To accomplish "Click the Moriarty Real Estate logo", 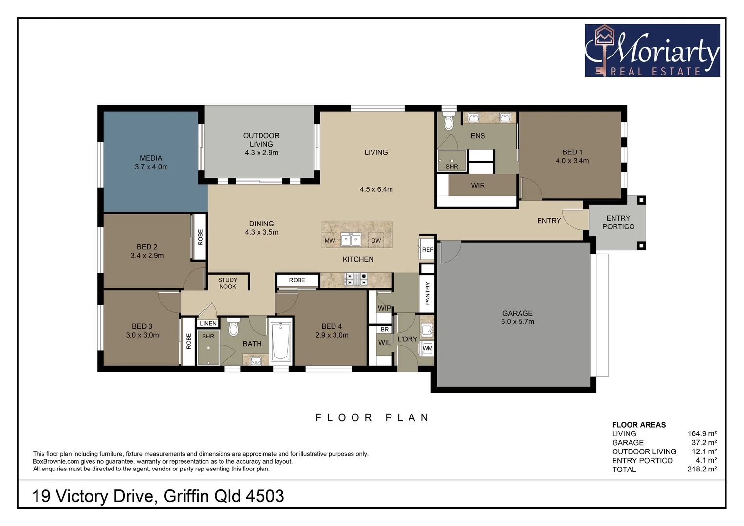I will [652, 51].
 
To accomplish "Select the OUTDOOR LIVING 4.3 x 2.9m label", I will [261, 144].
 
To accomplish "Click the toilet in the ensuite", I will [448, 121].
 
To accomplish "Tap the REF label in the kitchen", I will [428, 250].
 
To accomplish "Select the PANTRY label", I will [428, 293].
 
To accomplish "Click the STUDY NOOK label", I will [227, 283].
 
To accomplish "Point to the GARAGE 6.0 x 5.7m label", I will [517, 318].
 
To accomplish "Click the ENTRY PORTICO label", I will [618, 223].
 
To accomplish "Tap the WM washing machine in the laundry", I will [428, 348].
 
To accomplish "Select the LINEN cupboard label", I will [208, 323].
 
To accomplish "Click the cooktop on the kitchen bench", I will [356, 279].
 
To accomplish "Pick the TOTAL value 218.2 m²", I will [702, 469].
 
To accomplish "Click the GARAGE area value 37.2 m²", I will [704, 442].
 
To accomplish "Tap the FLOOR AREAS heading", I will [638, 425].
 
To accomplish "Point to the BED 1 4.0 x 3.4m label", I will [572, 156].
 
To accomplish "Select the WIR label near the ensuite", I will [478, 186].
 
